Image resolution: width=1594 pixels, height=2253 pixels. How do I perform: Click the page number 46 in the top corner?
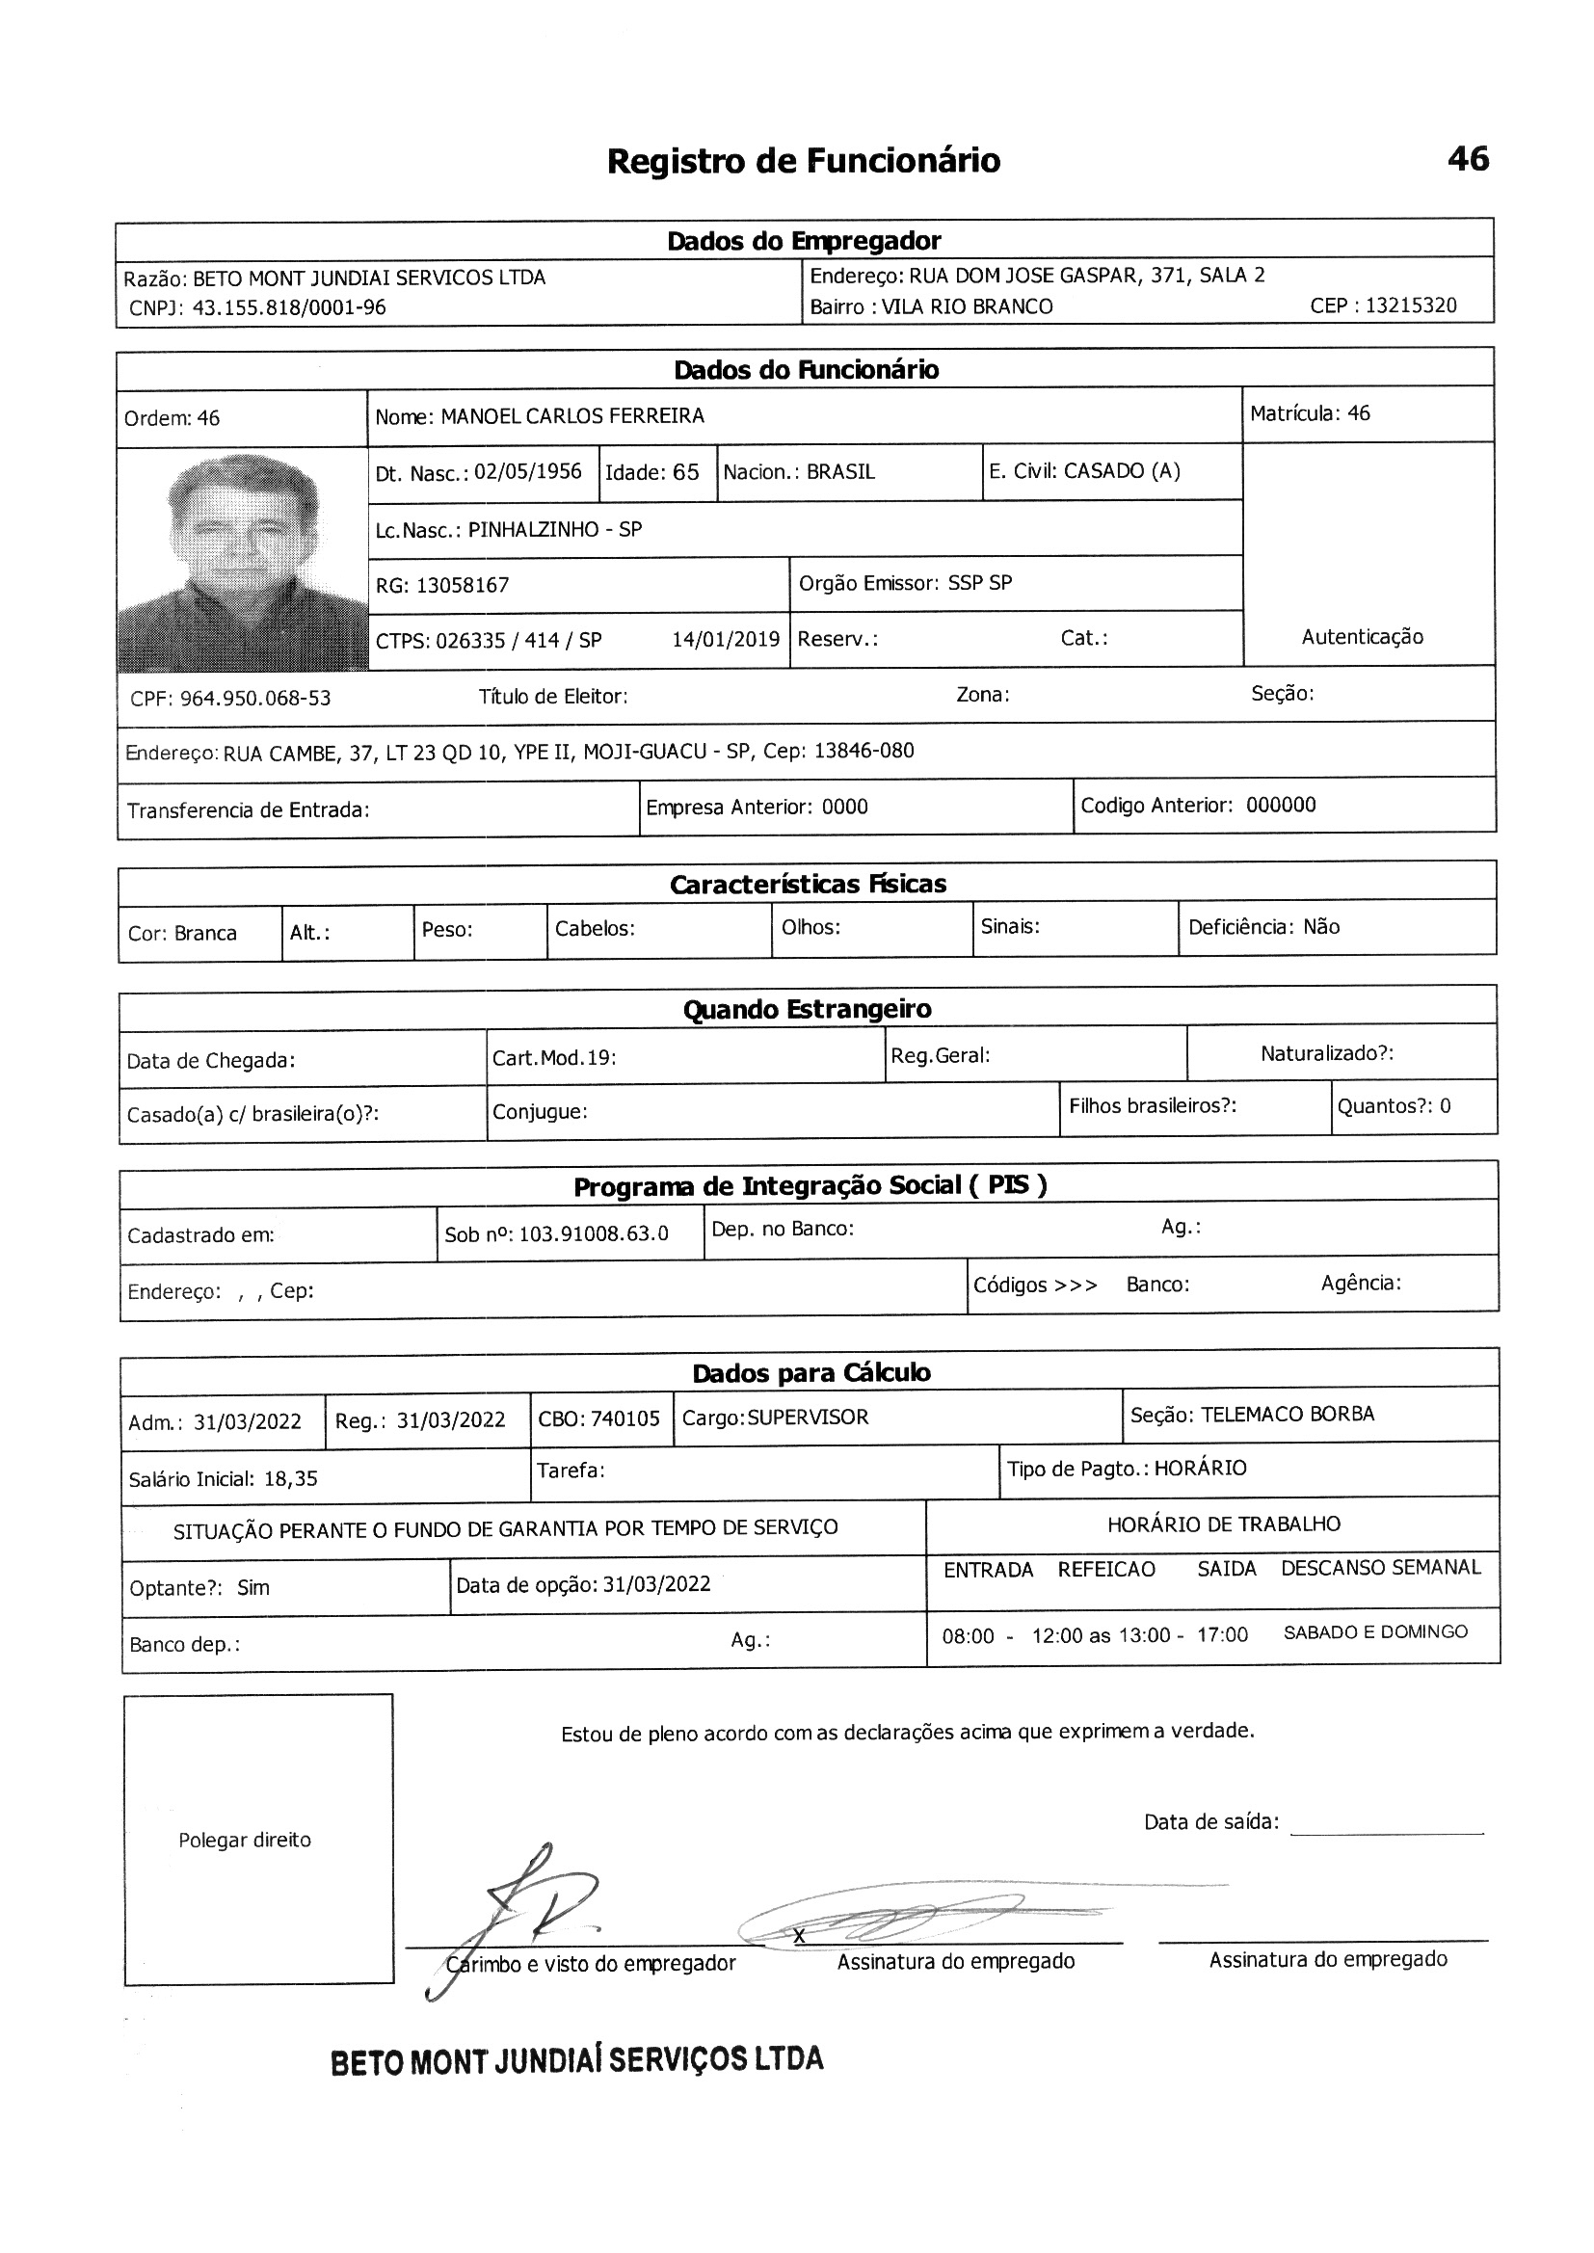(x=1468, y=159)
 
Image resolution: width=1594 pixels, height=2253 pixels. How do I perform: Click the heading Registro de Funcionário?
(x=803, y=161)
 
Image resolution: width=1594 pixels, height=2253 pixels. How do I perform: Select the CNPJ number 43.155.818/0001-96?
(x=288, y=308)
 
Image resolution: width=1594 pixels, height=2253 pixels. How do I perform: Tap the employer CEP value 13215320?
(x=1411, y=305)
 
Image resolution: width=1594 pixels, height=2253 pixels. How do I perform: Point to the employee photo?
(x=243, y=560)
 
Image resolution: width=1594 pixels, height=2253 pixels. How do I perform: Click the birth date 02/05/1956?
(x=528, y=472)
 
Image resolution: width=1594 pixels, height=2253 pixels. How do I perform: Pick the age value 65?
(x=685, y=472)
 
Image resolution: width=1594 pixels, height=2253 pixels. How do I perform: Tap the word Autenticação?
(x=1362, y=637)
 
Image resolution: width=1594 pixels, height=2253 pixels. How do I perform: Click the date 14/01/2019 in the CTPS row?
(x=726, y=640)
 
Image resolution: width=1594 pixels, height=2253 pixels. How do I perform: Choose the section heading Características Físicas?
(x=808, y=884)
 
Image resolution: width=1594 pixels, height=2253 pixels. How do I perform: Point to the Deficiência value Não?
(x=1321, y=927)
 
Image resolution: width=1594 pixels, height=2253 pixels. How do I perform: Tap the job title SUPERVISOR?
(x=808, y=1418)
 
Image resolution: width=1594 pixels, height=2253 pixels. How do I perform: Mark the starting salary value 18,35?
(x=290, y=1479)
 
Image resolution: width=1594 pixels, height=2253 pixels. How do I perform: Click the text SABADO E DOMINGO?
(x=1375, y=1631)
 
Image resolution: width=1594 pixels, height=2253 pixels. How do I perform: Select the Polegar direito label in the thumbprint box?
(x=245, y=1840)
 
